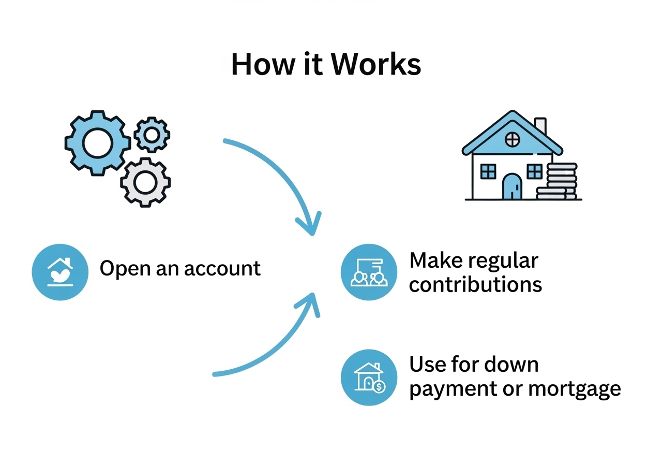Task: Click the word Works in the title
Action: [375, 65]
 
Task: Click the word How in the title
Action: [263, 65]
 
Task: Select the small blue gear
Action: [152, 135]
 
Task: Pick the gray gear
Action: [145, 182]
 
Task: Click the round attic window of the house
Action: [512, 139]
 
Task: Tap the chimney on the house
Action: [540, 126]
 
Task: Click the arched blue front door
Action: [512, 186]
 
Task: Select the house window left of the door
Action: [488, 171]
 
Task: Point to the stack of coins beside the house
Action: [557, 181]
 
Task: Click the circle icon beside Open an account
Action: [60, 272]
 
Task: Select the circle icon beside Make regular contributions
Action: [369, 272]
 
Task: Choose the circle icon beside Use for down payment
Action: [369, 378]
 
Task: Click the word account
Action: [222, 269]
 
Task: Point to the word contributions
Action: [475, 285]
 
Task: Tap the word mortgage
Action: [575, 389]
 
